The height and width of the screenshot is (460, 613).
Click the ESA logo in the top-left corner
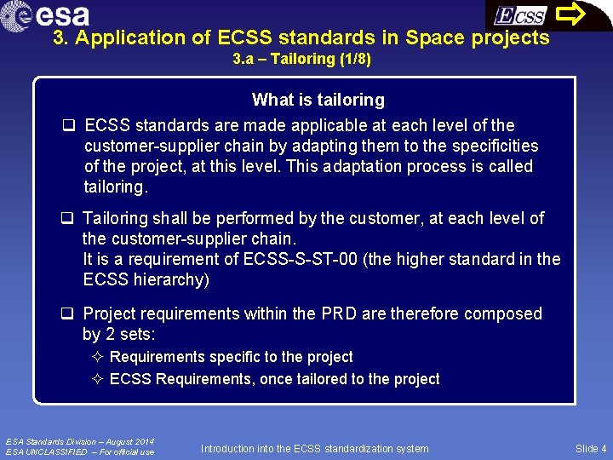tap(47, 14)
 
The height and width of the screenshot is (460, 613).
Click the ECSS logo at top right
tap(520, 15)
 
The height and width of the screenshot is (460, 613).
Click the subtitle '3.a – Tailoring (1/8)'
tap(302, 60)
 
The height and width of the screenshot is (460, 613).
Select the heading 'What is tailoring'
tap(318, 100)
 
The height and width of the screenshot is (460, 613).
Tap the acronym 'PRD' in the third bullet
tap(339, 313)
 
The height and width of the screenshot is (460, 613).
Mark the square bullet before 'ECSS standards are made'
tap(67, 126)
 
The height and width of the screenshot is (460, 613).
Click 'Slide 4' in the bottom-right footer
tap(590, 448)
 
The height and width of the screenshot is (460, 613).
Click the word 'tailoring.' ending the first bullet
tap(115, 187)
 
